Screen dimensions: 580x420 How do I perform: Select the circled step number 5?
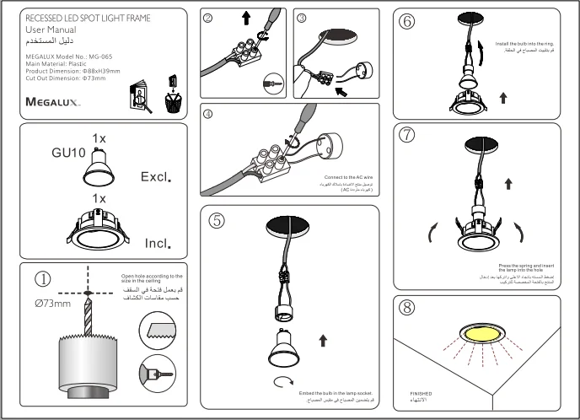click(217, 221)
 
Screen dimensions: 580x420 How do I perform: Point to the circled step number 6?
click(408, 22)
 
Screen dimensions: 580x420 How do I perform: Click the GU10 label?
click(69, 153)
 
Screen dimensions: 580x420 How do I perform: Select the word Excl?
click(156, 178)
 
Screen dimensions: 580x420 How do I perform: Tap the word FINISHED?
click(421, 394)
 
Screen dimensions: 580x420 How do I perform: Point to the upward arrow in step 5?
click(324, 340)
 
